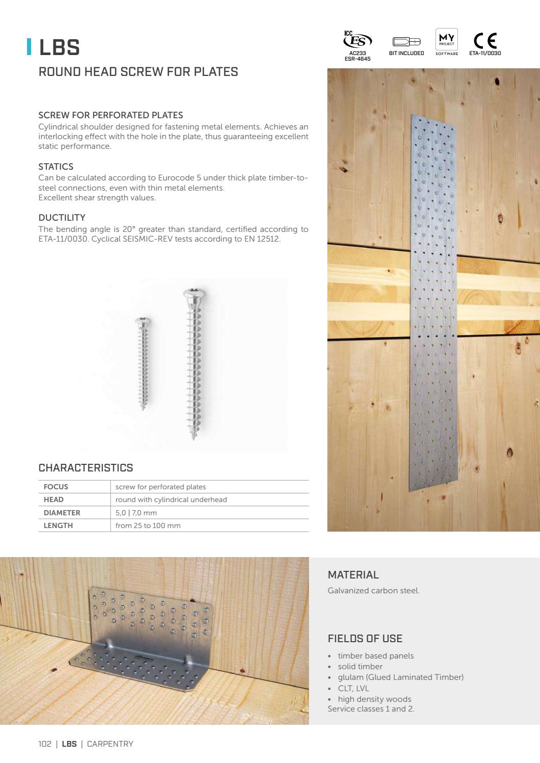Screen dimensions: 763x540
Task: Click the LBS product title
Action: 59,47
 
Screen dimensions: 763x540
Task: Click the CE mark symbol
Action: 485,41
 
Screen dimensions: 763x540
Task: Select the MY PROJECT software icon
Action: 447,39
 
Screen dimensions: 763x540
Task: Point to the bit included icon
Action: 406,42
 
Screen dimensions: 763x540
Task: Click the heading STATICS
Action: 56,167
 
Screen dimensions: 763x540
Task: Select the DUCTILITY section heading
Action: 62,218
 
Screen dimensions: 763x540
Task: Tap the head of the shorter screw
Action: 142,321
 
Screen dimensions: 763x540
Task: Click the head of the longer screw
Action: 193,295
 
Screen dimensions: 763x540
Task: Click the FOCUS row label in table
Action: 56,487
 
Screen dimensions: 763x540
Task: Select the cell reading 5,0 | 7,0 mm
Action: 136,513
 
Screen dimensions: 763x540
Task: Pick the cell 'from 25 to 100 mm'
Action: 148,525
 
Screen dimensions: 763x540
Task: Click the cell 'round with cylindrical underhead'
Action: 171,499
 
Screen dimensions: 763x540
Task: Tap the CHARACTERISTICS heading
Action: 86,468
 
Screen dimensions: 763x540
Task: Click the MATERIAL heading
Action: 353,575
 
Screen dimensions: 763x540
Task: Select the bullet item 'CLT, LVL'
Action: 353,688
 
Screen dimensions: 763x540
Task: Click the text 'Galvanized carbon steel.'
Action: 373,591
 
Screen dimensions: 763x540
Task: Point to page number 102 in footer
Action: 45,744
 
